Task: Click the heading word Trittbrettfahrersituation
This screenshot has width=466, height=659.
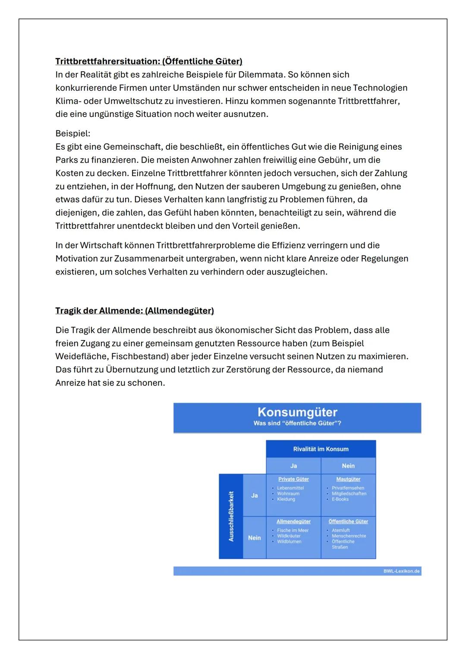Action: coord(107,61)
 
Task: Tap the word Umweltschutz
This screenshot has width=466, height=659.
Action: coord(132,101)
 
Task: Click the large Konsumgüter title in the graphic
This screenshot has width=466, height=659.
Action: coord(297,412)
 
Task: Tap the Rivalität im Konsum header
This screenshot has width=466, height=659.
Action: coord(321,449)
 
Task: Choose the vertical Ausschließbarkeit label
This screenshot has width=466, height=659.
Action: coord(231,516)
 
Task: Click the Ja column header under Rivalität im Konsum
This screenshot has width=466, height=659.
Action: coord(293,466)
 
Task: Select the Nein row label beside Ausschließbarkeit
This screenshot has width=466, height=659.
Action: coord(254,538)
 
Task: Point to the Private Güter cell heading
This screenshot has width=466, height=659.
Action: coord(293,479)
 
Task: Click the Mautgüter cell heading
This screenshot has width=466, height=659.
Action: coord(348,479)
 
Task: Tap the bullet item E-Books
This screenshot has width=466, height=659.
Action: coord(340,499)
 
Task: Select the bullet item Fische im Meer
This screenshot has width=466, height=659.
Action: coord(293,530)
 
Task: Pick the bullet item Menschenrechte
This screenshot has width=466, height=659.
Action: coord(349,536)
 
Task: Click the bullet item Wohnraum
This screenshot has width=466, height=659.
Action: coord(288,494)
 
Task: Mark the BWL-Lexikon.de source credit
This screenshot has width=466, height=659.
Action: coord(401,571)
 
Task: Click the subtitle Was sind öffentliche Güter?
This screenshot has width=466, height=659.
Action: coord(297,423)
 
